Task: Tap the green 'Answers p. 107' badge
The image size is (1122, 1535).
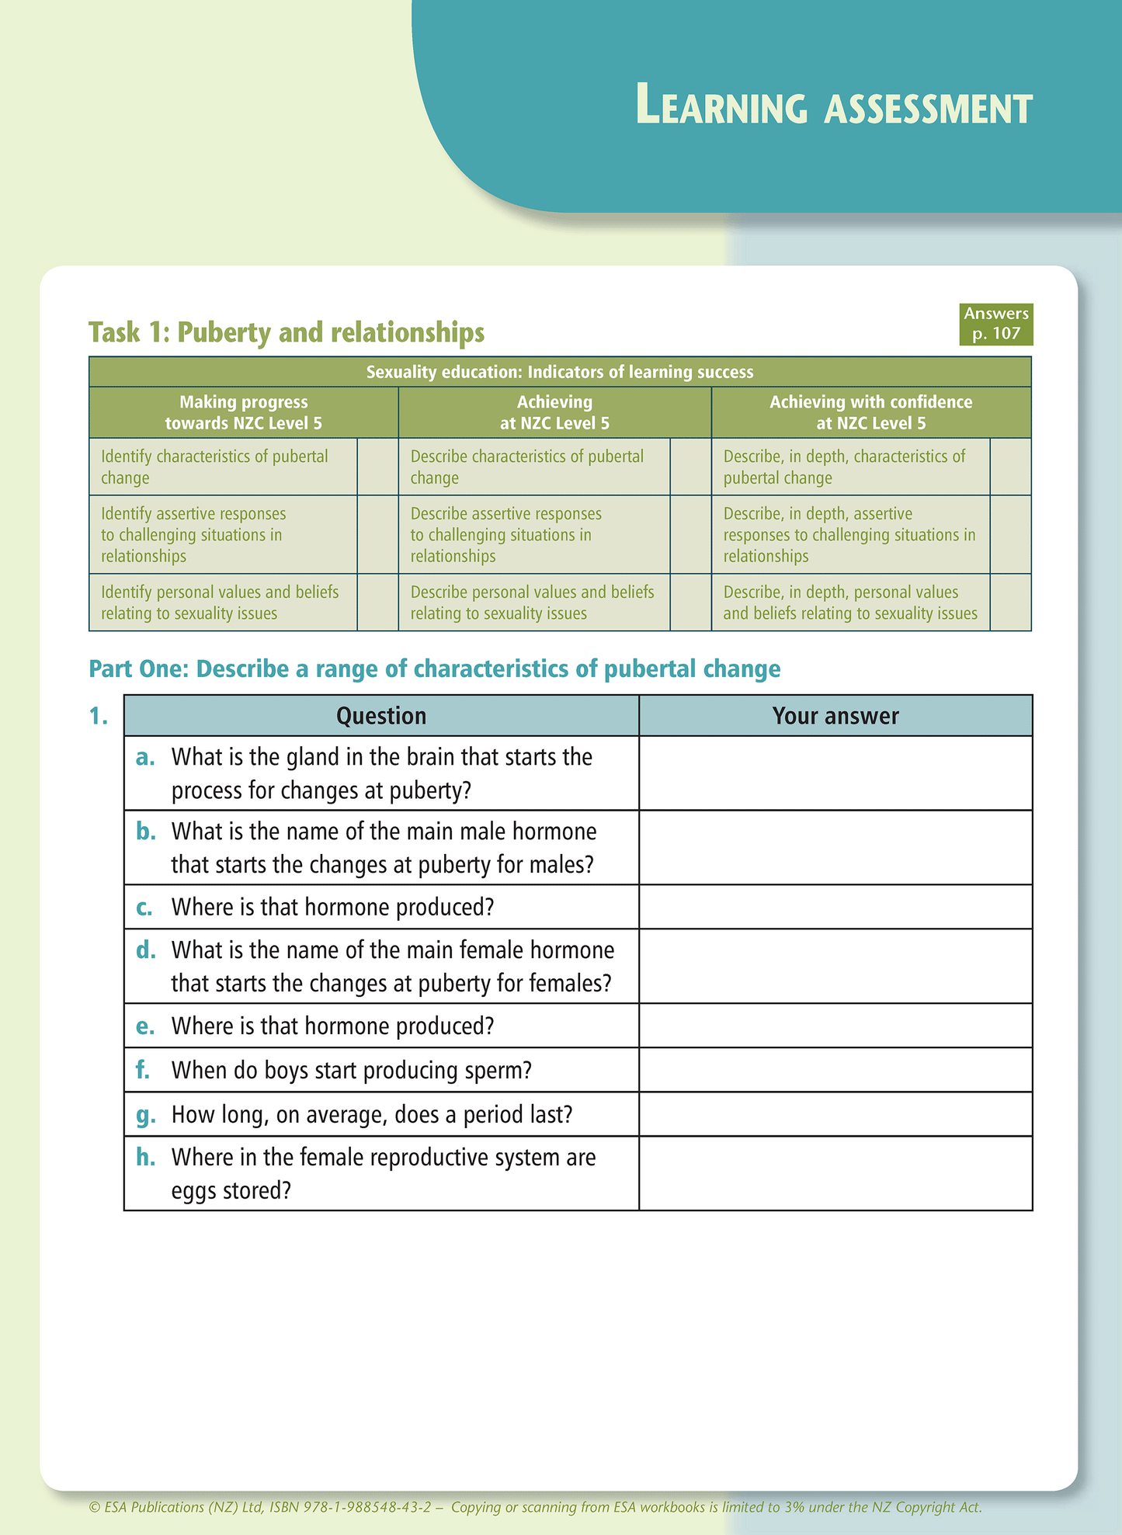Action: click(995, 324)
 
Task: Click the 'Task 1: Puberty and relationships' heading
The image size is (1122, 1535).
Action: click(286, 332)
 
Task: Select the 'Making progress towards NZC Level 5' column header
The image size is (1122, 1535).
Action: click(243, 412)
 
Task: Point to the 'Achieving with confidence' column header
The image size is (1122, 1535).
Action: click(870, 412)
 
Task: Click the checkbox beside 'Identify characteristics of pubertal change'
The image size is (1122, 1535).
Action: click(377, 467)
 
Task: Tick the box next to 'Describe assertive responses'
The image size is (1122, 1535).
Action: click(690, 534)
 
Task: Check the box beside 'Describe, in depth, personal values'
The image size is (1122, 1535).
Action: click(1010, 603)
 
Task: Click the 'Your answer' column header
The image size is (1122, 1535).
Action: click(835, 716)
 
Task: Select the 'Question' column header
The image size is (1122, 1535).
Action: click(380, 716)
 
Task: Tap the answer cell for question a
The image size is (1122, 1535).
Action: click(835, 773)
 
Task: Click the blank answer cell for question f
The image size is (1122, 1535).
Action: click(835, 1070)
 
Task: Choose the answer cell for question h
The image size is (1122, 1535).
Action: click(835, 1173)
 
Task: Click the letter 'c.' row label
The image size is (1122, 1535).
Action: click(144, 908)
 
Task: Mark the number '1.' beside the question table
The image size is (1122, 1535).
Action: click(99, 716)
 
